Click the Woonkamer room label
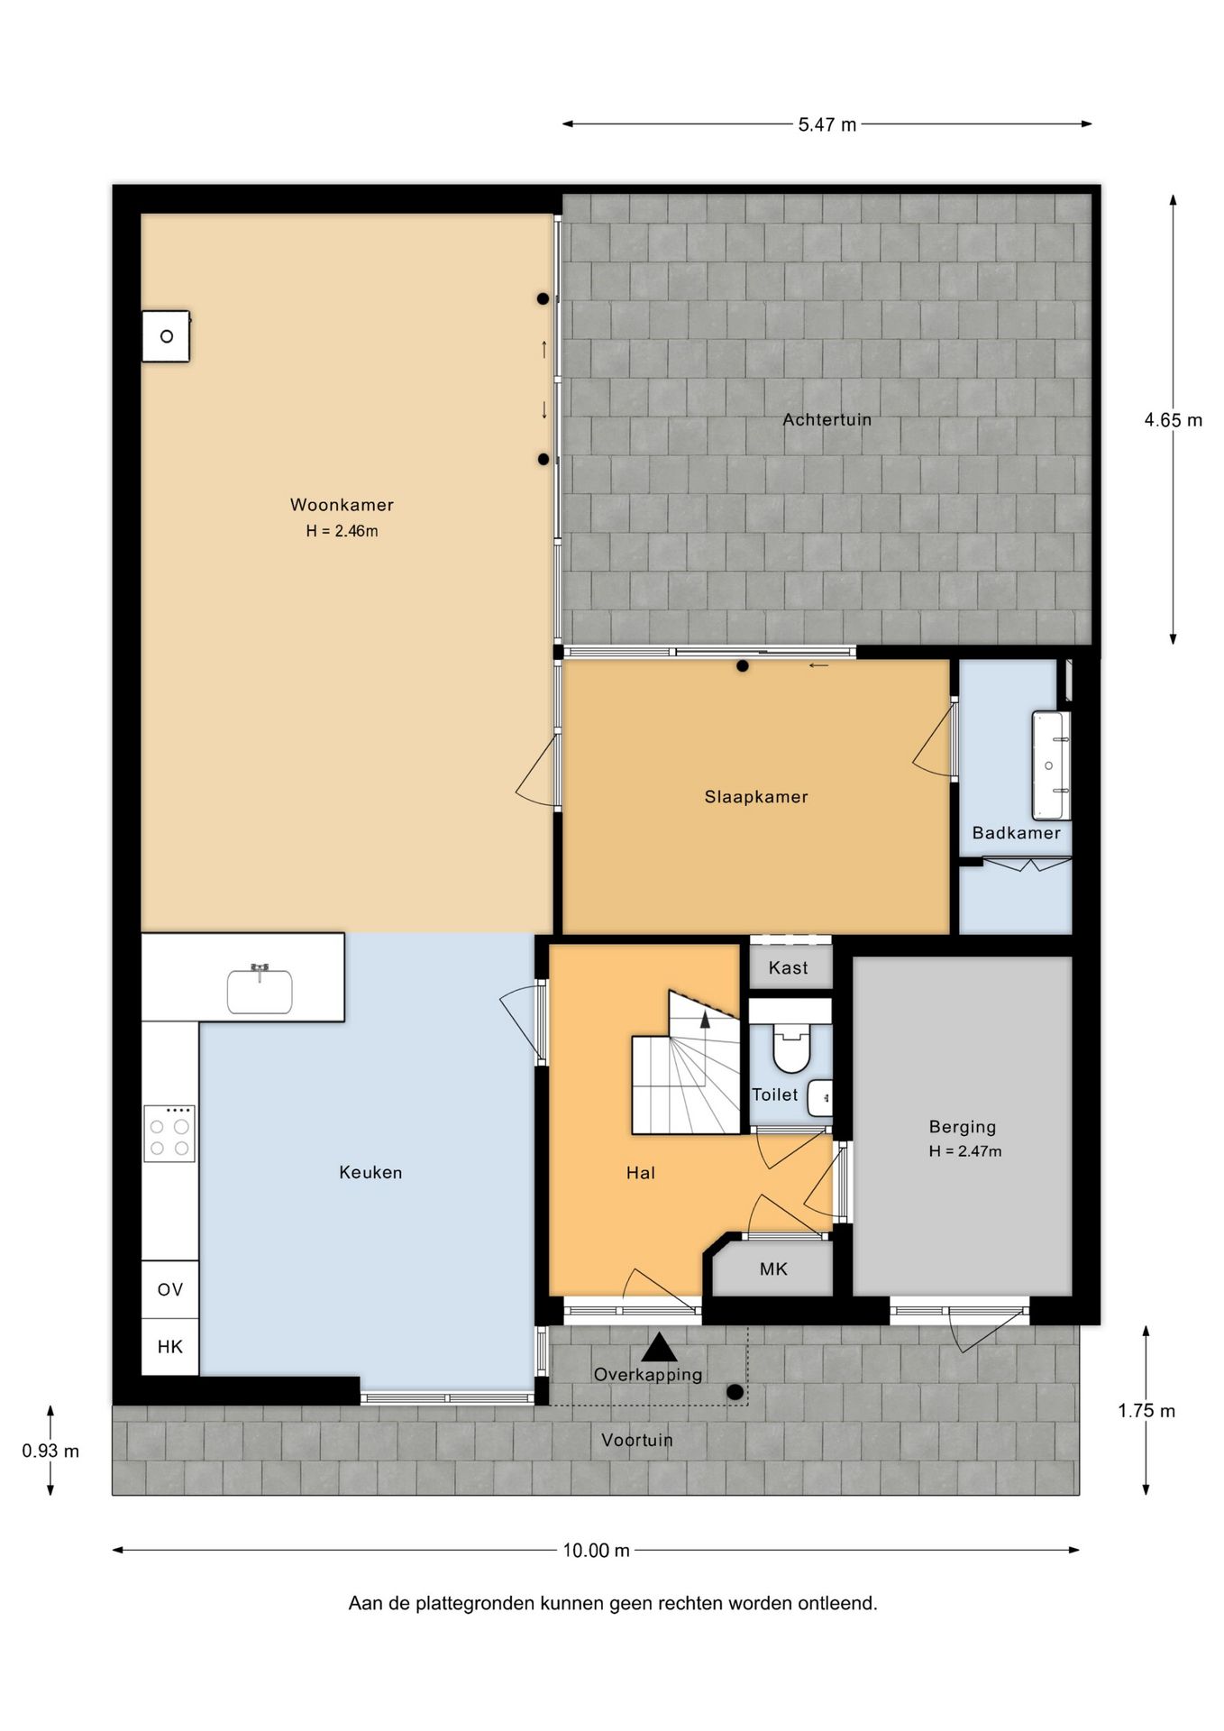click(342, 505)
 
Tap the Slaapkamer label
click(756, 797)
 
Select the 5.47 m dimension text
click(827, 125)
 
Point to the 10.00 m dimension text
click(596, 1551)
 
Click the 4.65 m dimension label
click(1173, 420)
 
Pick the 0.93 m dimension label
click(50, 1452)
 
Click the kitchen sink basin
click(260, 991)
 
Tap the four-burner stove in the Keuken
click(169, 1135)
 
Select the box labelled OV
click(170, 1290)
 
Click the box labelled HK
click(170, 1347)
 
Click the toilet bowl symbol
click(791, 1047)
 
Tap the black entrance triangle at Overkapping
click(660, 1347)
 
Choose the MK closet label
click(773, 1269)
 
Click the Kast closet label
click(788, 968)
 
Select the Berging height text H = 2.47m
click(965, 1151)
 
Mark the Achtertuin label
click(827, 420)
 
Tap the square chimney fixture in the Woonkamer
click(167, 336)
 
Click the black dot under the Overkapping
click(735, 1392)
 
